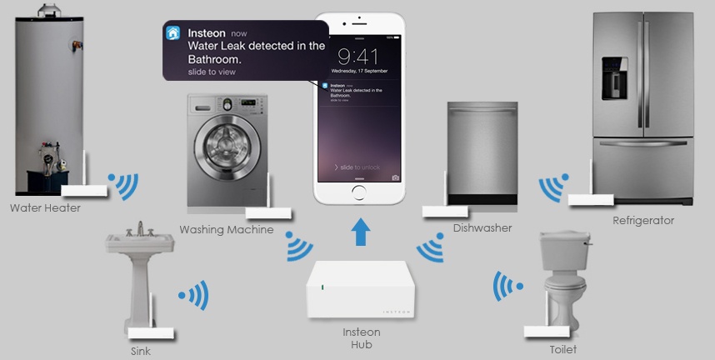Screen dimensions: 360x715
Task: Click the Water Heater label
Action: tap(45, 207)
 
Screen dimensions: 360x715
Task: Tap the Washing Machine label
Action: tap(226, 229)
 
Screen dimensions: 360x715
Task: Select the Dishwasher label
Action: tap(482, 227)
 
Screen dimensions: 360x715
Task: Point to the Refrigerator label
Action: tap(642, 221)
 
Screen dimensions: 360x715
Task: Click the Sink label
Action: tap(141, 351)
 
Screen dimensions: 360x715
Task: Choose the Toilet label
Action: tap(562, 349)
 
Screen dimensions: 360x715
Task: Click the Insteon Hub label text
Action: tap(361, 338)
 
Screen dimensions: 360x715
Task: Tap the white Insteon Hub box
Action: tap(359, 288)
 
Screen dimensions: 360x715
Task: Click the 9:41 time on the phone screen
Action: tap(359, 56)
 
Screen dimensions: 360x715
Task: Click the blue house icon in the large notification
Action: tap(173, 32)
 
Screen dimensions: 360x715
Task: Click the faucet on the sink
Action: tap(141, 228)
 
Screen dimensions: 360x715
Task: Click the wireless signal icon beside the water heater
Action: tap(124, 187)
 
